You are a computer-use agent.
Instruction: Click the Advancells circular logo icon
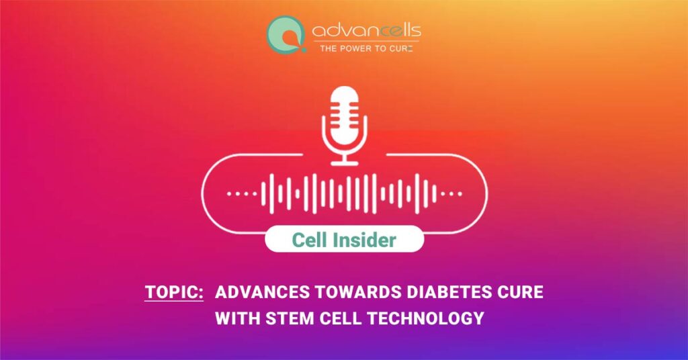tap(286, 35)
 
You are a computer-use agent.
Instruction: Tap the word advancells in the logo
tap(366, 30)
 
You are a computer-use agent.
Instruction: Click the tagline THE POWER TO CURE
tap(366, 48)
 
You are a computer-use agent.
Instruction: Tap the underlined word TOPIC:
tap(174, 292)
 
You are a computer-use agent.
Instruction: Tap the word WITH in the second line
tap(238, 318)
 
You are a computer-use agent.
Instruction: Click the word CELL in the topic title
tap(340, 318)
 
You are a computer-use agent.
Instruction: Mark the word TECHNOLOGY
tap(425, 318)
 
